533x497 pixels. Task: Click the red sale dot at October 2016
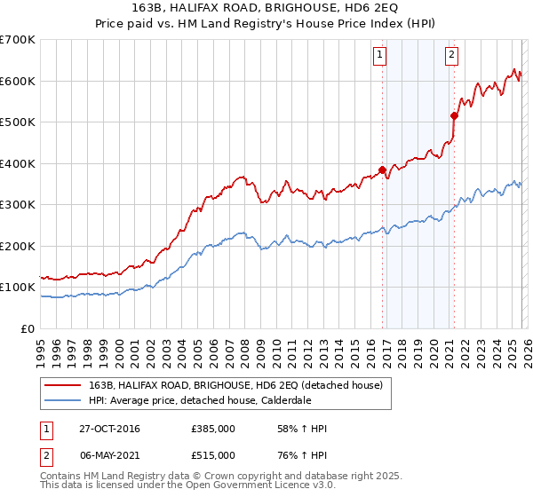pos(383,170)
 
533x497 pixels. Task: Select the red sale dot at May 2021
pos(454,115)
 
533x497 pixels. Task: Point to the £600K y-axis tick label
pos(18,81)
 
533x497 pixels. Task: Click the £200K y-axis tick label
pos(18,246)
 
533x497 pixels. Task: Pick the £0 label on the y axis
pos(28,328)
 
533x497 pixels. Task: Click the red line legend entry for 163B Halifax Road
pos(235,385)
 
